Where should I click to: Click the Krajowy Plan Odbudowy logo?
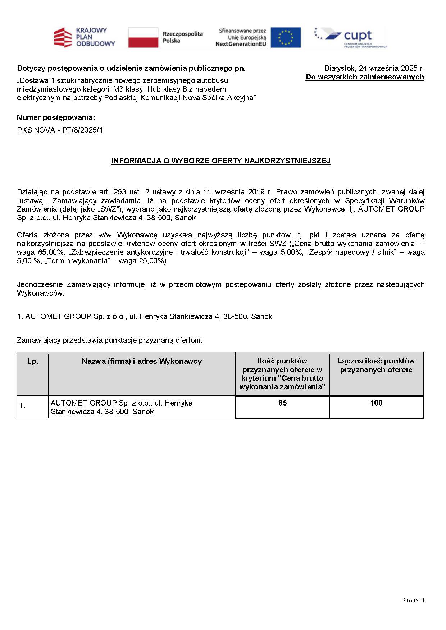click(x=84, y=37)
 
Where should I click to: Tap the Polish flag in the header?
click(x=143, y=37)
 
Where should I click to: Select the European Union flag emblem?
click(x=286, y=37)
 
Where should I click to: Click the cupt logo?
click(x=351, y=37)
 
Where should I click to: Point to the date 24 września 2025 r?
click(x=391, y=68)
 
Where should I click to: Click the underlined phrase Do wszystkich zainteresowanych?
click(x=365, y=77)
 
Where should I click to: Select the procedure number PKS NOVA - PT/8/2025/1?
click(x=60, y=130)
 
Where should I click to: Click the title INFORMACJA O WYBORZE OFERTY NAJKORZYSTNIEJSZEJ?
click(x=220, y=161)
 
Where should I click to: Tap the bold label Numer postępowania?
click(x=56, y=117)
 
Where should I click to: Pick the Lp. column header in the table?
click(x=32, y=361)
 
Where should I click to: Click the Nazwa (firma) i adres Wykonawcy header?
click(x=142, y=361)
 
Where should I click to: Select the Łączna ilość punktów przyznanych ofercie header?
click(x=376, y=365)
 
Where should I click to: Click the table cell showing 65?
click(x=282, y=403)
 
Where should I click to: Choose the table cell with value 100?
click(x=376, y=403)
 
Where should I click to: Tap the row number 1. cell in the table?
click(x=22, y=406)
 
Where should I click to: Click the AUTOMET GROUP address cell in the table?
click(x=122, y=407)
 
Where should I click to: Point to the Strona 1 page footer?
click(x=413, y=600)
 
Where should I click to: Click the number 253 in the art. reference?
click(x=120, y=192)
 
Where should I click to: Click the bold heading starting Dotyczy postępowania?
click(x=131, y=68)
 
